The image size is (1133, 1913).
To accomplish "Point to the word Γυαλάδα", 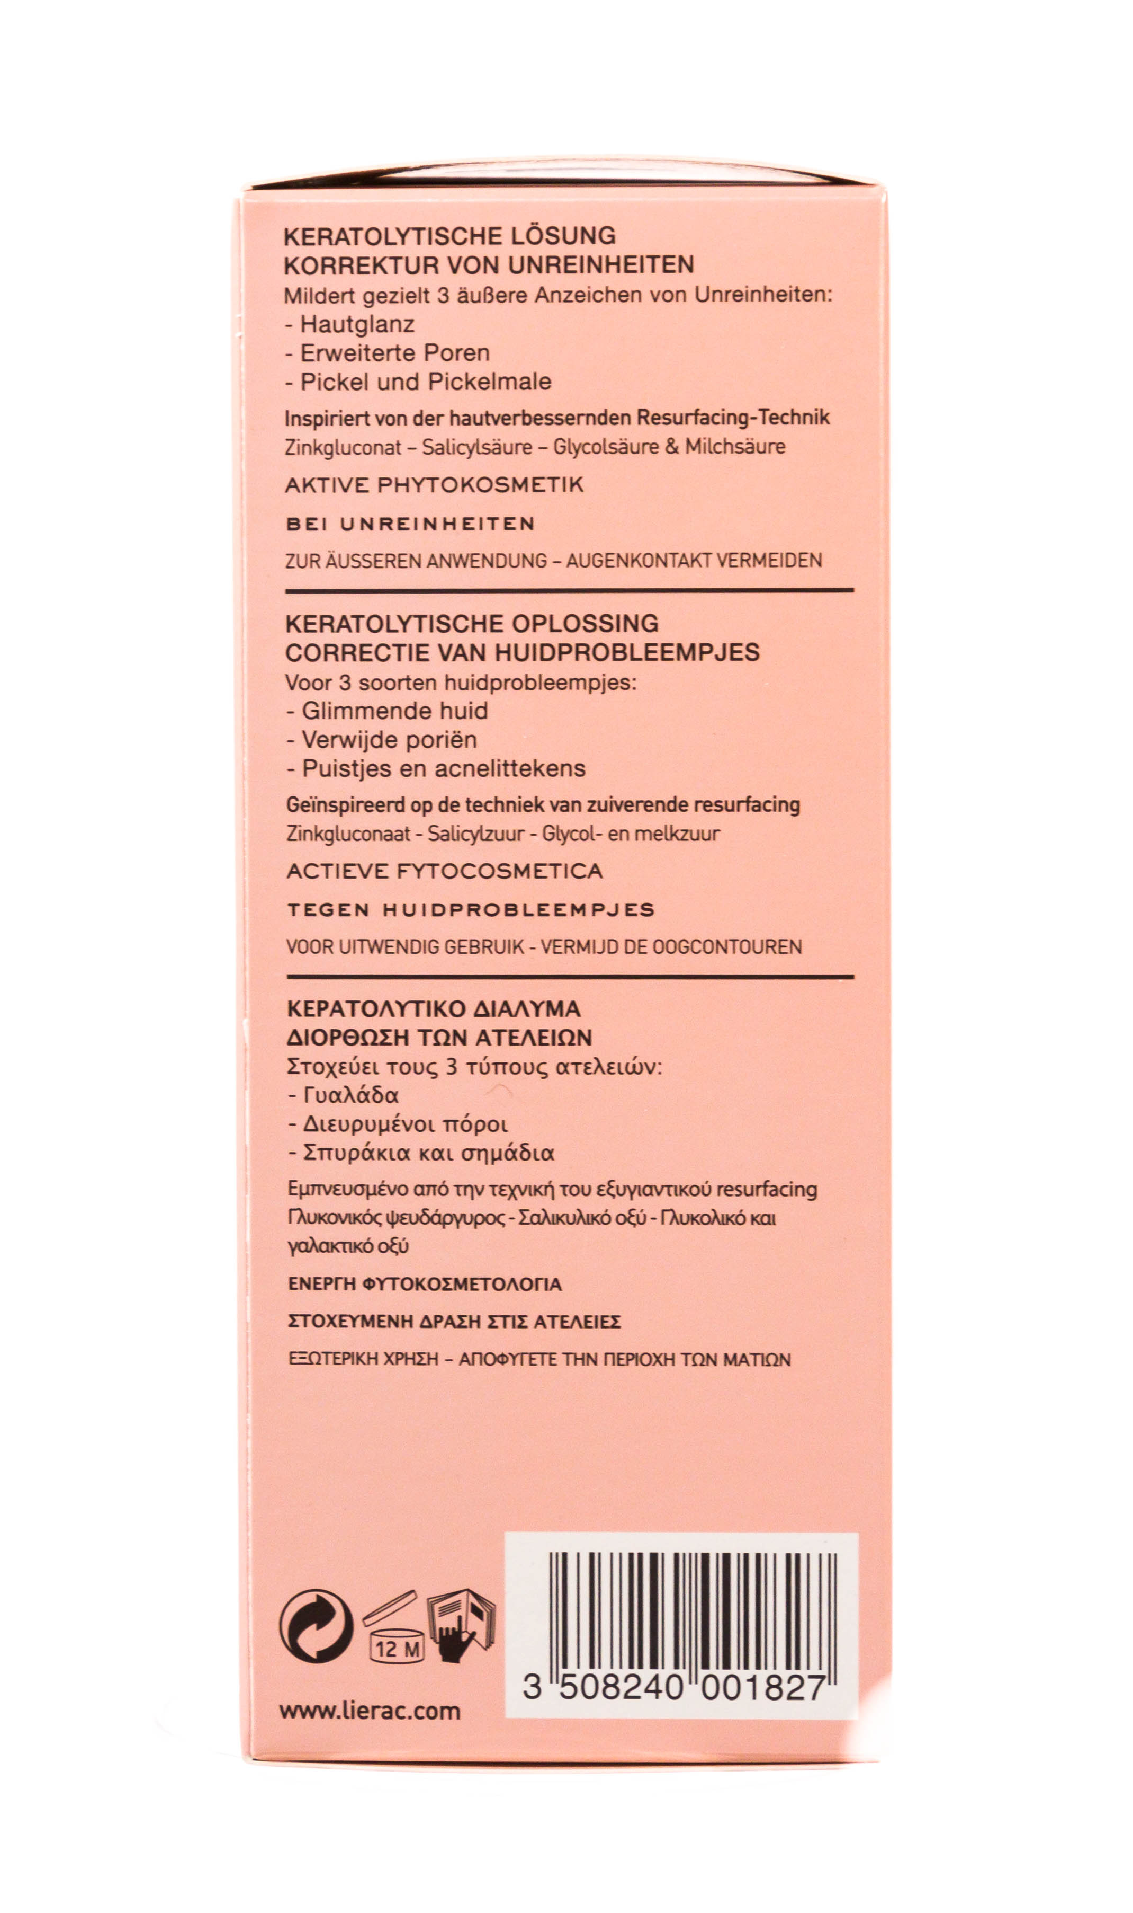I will click(351, 1095).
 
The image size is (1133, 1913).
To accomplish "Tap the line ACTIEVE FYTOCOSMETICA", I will click(444, 871).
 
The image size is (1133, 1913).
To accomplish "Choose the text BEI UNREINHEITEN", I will click(410, 524).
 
